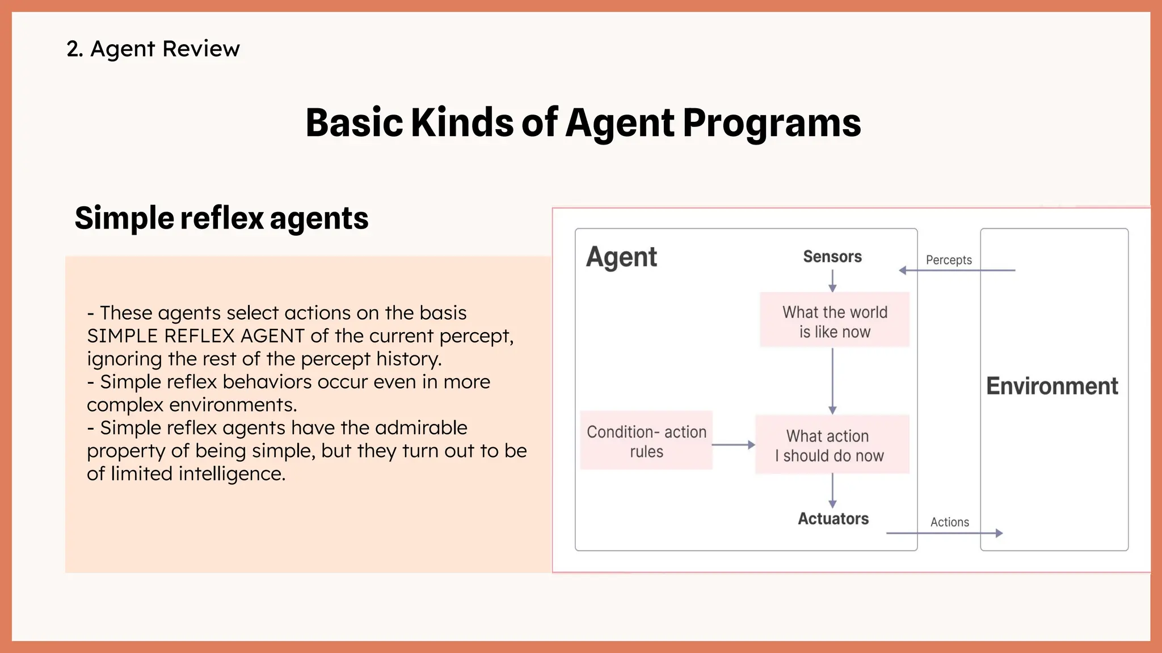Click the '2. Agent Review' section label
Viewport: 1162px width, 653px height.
(153, 49)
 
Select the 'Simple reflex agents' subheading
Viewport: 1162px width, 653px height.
(221, 218)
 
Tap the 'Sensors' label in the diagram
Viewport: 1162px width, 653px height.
(832, 257)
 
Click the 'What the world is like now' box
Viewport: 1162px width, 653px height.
(835, 321)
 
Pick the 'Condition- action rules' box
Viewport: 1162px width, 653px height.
(646, 441)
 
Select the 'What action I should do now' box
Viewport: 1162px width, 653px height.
(832, 445)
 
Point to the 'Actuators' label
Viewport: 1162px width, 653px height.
(833, 519)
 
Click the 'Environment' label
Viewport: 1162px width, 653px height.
(1052, 386)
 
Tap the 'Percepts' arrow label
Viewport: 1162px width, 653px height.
(949, 260)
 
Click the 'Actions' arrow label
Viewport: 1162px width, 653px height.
(949, 522)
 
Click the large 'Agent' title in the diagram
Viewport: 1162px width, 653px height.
(621, 257)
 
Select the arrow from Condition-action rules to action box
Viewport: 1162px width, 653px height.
(733, 445)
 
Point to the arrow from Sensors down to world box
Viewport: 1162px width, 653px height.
(832, 281)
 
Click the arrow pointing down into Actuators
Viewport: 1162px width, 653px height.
(832, 490)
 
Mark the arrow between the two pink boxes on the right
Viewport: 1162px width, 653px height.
(832, 381)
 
